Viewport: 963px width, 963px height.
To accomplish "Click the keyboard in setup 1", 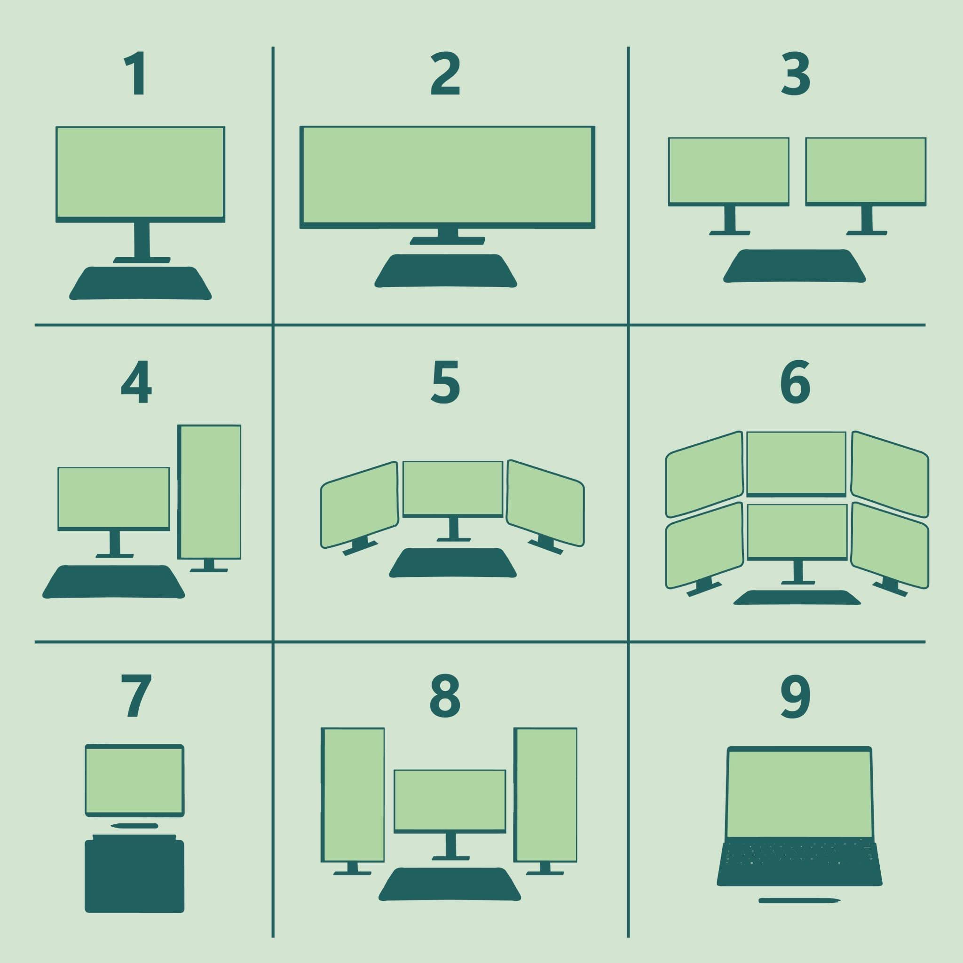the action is point(140,283).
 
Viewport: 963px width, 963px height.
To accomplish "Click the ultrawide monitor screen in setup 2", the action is point(447,177).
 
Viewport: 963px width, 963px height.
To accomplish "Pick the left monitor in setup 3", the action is point(729,172).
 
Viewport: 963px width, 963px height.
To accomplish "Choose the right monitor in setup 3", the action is point(866,172).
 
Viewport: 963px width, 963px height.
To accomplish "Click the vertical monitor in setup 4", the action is point(209,492).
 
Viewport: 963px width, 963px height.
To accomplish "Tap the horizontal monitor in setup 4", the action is point(114,499).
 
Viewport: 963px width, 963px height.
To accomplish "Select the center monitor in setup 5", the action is point(453,489).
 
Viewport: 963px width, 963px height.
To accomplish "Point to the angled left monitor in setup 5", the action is point(359,505).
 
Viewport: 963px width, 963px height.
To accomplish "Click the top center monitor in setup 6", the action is point(797,464).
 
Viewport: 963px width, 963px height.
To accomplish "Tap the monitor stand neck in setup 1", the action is point(142,240).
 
